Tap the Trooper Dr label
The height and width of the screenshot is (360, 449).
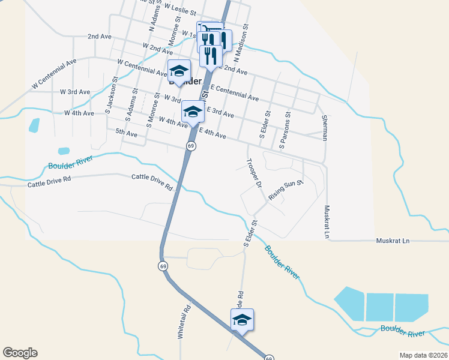coord(254,175)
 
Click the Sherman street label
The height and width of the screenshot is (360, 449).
coord(324,128)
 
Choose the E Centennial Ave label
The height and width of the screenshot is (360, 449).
coord(235,93)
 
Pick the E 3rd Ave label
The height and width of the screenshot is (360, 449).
coord(220,112)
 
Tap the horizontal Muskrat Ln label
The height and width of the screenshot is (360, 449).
coord(392,241)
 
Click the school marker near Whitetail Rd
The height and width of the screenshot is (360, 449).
coord(242,319)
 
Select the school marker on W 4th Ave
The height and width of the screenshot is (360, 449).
coord(192,111)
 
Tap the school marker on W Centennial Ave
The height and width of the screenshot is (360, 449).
coord(179,71)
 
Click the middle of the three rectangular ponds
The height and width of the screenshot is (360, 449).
coord(380,307)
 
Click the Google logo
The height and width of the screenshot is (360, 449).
coord(20,353)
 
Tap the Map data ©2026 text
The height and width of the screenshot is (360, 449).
coord(423,355)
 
